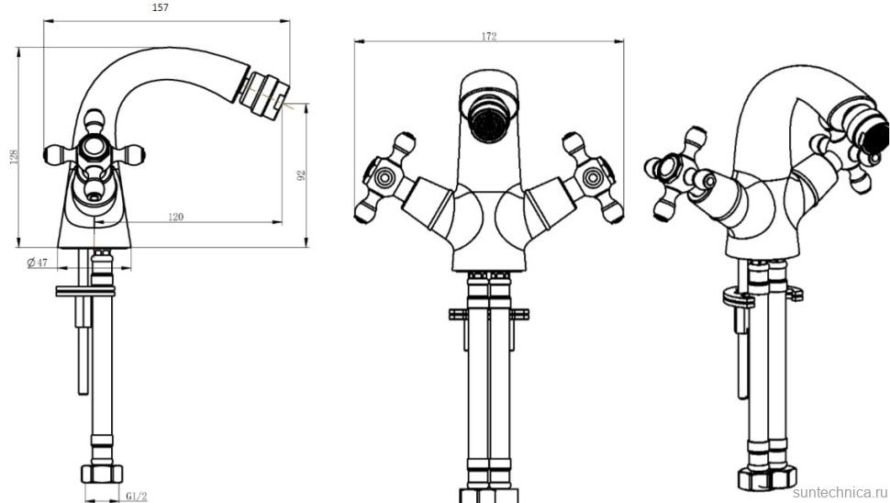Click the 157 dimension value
coord(161,8)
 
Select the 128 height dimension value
coord(14,157)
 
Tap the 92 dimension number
coord(301,175)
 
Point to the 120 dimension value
coord(176,217)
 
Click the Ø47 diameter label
coord(38,263)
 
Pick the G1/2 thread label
coord(137,497)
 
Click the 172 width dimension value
coord(489,37)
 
